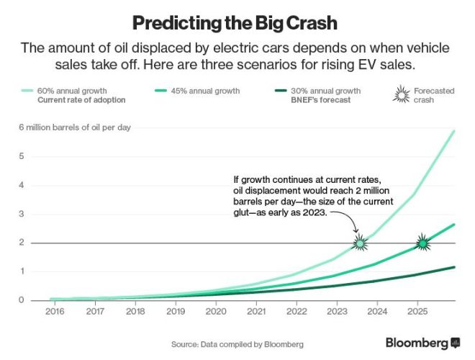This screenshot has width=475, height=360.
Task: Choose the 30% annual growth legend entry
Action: pos(325,91)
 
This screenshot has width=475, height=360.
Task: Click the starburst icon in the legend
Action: pos(399,95)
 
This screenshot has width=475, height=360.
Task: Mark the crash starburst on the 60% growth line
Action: pos(359,243)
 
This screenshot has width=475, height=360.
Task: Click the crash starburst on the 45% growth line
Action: pos(423,243)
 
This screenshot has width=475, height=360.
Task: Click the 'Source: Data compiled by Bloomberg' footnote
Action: pos(237,343)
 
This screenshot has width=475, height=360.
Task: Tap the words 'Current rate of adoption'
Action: pos(81,100)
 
